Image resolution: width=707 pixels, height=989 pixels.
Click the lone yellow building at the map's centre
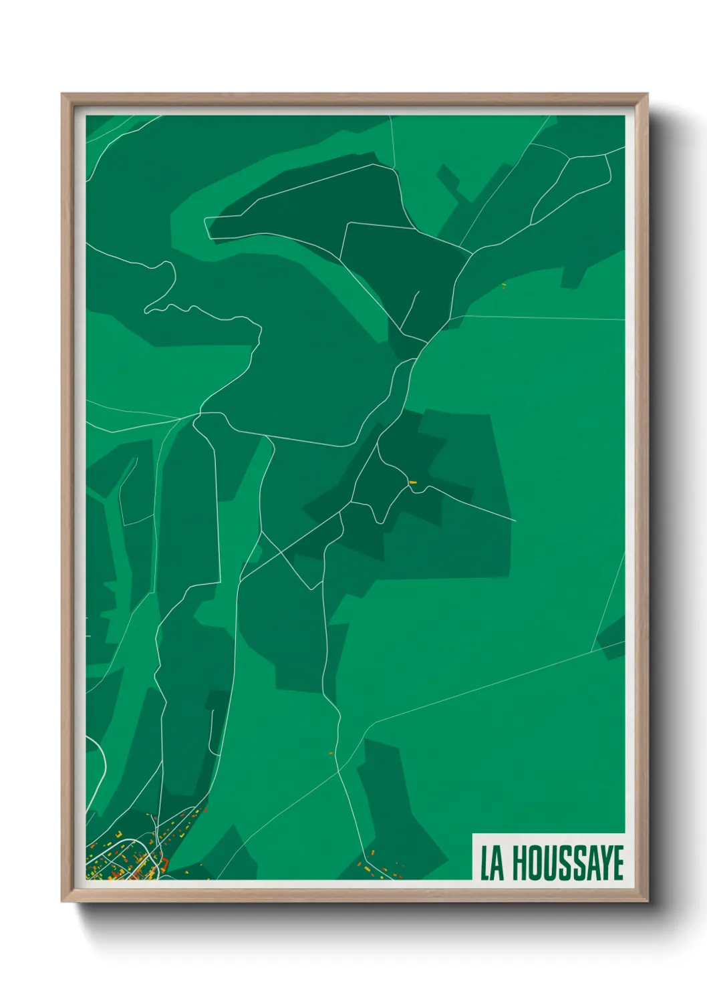412,482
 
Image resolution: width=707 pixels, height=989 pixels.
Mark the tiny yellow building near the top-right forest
504,286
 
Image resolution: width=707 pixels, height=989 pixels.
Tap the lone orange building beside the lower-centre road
331,753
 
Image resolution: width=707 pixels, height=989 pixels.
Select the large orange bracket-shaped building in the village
164,864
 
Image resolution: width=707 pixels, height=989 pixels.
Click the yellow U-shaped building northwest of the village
119,834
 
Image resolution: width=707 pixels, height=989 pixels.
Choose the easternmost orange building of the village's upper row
206,810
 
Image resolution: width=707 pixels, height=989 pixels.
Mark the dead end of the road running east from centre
515,521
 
